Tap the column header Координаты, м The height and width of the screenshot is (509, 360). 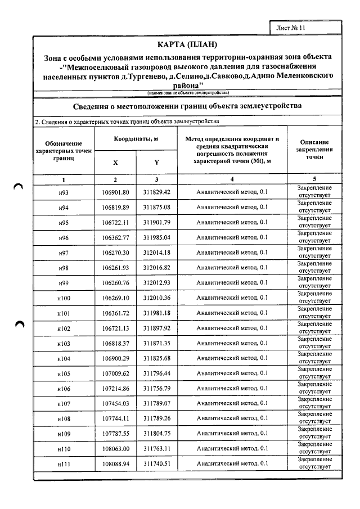136,139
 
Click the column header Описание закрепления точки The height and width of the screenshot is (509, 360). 314,150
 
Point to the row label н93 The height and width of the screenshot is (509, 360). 64,192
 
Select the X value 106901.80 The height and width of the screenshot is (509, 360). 115,192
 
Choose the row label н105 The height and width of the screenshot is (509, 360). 64,373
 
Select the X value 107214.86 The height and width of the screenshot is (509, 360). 115,389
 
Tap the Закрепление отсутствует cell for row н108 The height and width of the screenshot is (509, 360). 314,419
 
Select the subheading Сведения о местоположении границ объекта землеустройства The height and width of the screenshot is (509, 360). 187,106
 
